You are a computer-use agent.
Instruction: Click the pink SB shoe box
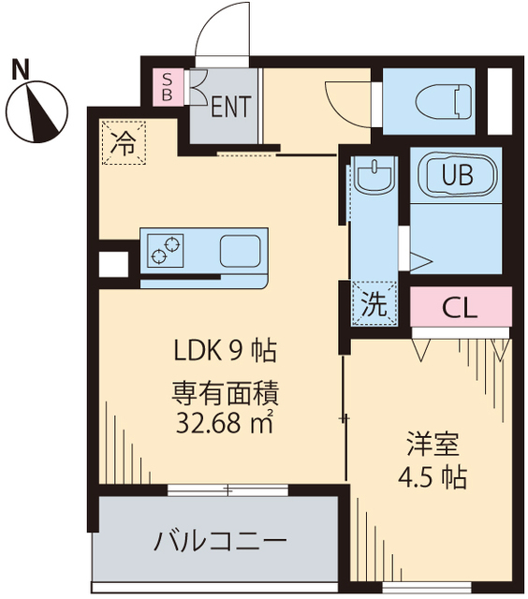point(168,87)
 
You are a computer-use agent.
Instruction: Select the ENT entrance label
point(231,106)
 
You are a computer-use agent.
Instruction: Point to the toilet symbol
point(443,102)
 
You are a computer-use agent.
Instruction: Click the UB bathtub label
point(458,175)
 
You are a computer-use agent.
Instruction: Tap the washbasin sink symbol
point(374,175)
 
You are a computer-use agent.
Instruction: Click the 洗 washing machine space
point(374,303)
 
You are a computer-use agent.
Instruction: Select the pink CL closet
point(461,307)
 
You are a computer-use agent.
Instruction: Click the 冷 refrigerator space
point(125,142)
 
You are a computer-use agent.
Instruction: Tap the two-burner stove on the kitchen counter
point(165,250)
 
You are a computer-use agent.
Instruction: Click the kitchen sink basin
point(240,251)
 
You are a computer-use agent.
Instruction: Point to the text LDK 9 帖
point(226,351)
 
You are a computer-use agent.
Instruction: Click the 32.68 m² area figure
point(225,422)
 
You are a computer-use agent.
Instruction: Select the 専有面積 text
point(226,393)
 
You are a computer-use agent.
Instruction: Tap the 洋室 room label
point(433,445)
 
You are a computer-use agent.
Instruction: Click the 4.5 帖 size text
point(433,477)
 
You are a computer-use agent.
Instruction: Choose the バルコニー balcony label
point(220,541)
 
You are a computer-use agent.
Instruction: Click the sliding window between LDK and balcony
point(227,489)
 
